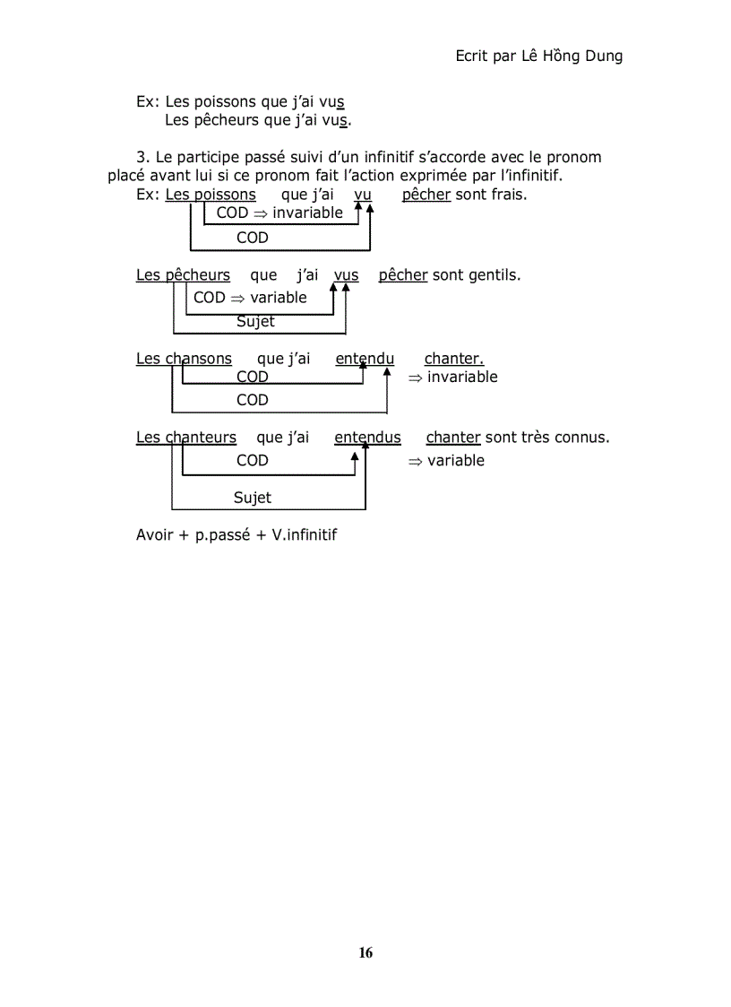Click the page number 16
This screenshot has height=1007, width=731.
point(365,952)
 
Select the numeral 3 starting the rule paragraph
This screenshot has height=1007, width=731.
point(141,158)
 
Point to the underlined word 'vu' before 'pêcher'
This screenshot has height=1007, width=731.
point(363,195)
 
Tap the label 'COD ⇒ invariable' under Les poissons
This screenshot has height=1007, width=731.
point(279,213)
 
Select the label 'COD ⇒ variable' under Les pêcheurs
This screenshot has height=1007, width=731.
point(250,298)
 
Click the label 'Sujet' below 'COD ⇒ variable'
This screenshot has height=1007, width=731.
point(255,322)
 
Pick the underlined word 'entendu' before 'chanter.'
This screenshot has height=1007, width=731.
point(365,359)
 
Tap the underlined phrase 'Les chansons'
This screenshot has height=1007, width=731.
point(184,359)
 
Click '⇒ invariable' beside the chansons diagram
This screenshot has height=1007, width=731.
point(452,378)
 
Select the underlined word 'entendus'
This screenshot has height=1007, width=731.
point(367,438)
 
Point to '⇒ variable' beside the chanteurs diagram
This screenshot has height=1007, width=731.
point(446,461)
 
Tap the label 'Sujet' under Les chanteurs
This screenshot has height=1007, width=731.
point(253,498)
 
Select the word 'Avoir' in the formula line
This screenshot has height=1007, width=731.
point(156,535)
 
